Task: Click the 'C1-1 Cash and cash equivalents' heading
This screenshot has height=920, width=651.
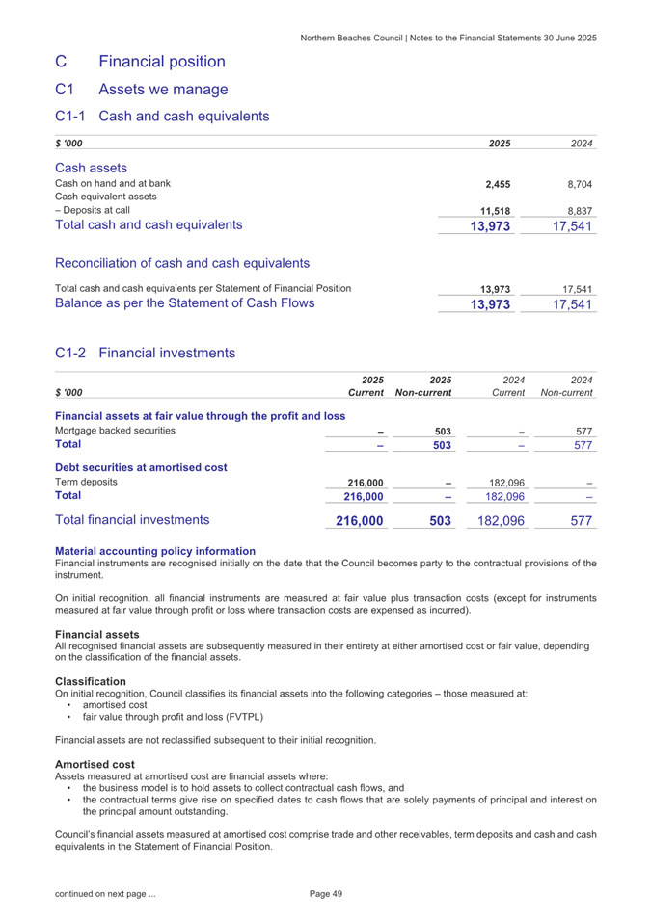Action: click(162, 117)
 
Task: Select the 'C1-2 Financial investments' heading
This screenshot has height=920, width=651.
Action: click(146, 354)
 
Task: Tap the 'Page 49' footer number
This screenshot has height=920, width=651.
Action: click(326, 895)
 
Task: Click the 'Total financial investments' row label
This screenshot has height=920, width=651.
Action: click(133, 520)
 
